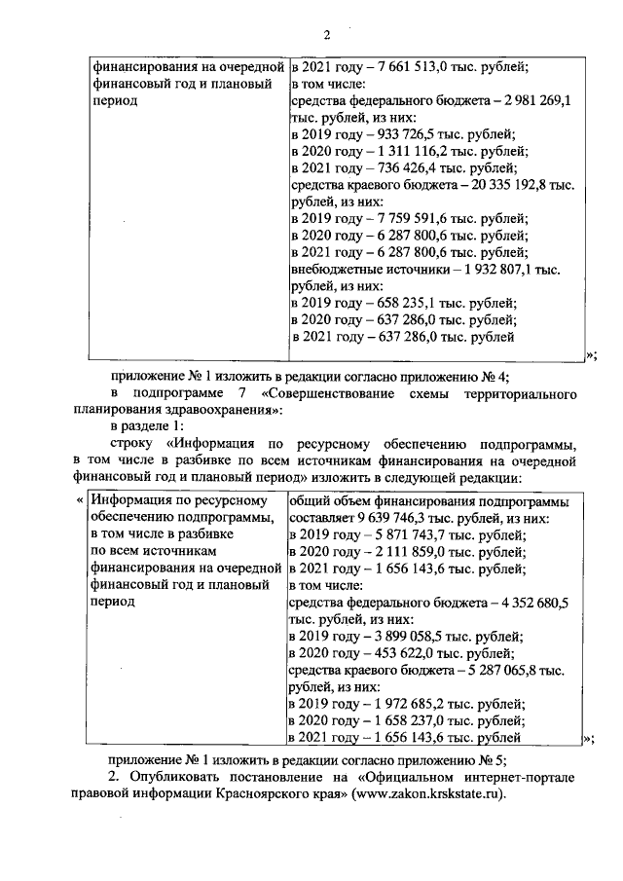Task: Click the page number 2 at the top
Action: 326,35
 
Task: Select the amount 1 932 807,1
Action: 496,269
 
